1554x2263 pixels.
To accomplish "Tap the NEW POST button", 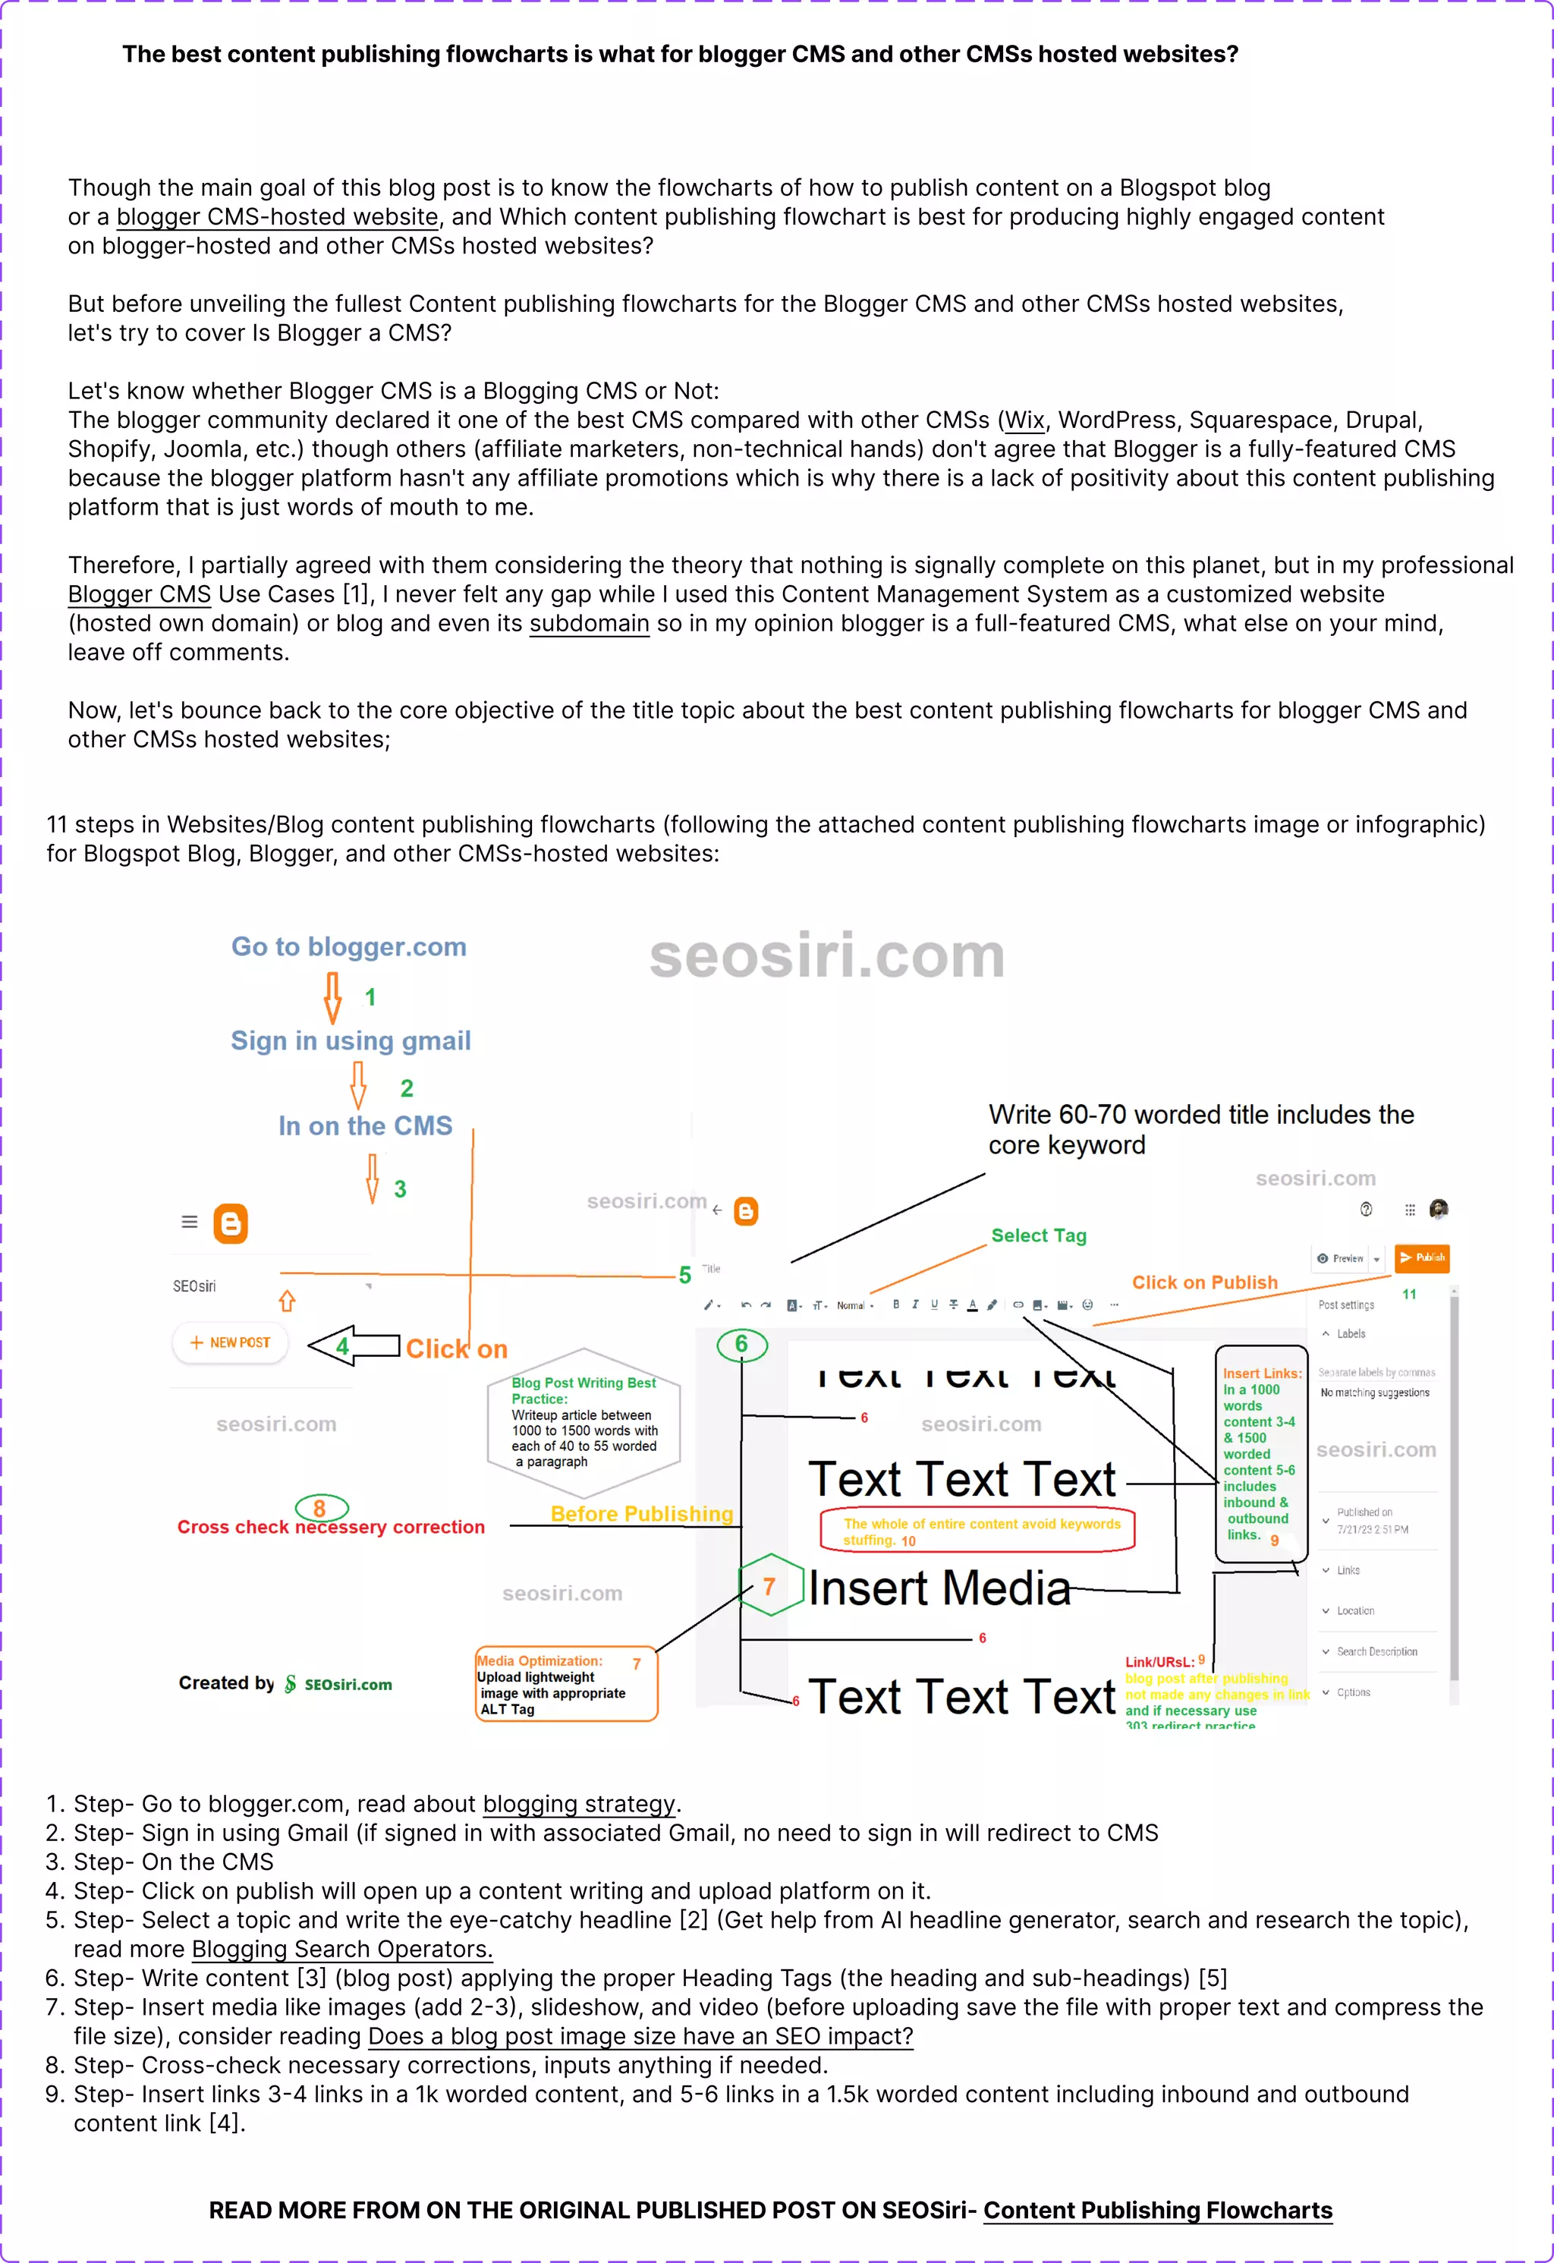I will pyautogui.click(x=230, y=1342).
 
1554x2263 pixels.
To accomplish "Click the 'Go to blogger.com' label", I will pyautogui.click(x=348, y=946).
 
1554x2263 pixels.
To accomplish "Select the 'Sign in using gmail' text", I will pyautogui.click(x=351, y=1041).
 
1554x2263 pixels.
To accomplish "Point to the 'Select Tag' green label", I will pyautogui.click(x=1038, y=1235).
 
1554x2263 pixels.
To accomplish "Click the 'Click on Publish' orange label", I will pyautogui.click(x=1203, y=1283).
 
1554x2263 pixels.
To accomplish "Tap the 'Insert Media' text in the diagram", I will pyautogui.click(x=939, y=1588).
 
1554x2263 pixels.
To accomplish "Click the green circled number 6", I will pyautogui.click(x=742, y=1345).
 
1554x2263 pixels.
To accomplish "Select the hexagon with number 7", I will pyautogui.click(x=769, y=1586).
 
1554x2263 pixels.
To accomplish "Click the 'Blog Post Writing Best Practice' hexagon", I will pyautogui.click(x=584, y=1423).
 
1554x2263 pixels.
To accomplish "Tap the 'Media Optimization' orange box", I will pyautogui.click(x=566, y=1685).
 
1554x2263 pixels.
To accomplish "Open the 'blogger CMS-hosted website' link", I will pyautogui.click(x=278, y=217).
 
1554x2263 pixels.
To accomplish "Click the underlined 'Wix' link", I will pyautogui.click(x=1024, y=420).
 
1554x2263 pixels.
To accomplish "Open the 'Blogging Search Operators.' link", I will pyautogui.click(x=341, y=1950).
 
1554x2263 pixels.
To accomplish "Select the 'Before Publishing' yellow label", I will pyautogui.click(x=642, y=1514).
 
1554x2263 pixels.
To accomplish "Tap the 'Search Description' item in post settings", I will pyautogui.click(x=1376, y=1651).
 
